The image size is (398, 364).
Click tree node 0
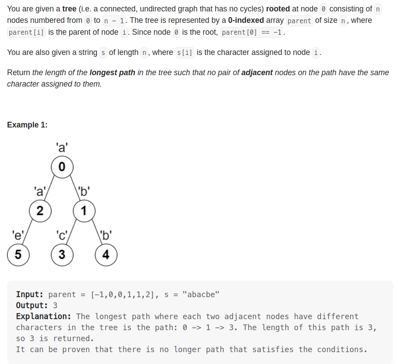pos(62,167)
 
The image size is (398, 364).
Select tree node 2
pos(40,211)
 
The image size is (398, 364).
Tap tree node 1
pos(84,211)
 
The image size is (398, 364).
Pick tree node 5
pos(18,255)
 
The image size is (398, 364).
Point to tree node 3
pos(62,255)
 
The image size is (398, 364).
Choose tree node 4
pos(106,255)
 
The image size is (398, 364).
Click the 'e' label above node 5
pos(17,234)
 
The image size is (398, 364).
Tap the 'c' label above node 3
pos(61,234)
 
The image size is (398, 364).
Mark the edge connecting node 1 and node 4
pos(95,233)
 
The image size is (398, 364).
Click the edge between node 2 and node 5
pos(29,233)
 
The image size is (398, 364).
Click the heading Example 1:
pos(27,125)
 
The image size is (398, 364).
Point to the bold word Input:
pos(31,295)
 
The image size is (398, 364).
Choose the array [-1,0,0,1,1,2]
pos(123,295)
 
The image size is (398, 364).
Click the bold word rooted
pos(278,9)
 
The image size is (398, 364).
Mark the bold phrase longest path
pos(112,73)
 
